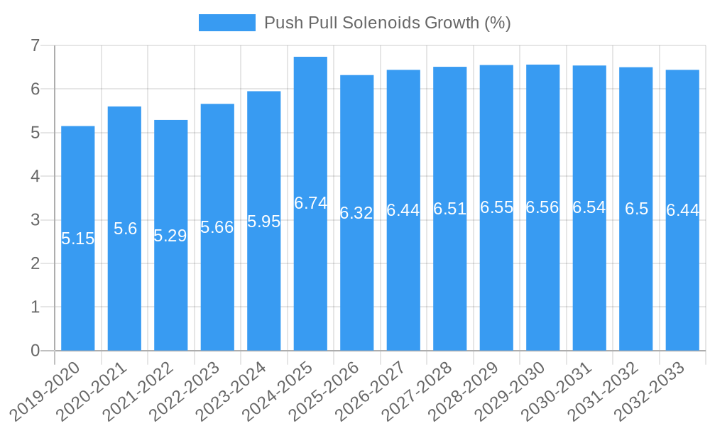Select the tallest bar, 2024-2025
pos(310,284)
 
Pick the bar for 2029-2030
pos(542,284)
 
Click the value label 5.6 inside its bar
pos(125,229)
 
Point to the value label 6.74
pos(310,203)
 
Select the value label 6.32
pos(356,213)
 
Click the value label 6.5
pos(636,209)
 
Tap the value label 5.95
pos(264,222)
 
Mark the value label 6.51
pos(449,209)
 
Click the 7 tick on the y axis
pos(35,46)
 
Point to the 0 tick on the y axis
pos(35,351)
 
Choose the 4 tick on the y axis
pos(35,177)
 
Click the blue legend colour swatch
pos(226,23)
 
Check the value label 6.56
pos(542,207)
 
